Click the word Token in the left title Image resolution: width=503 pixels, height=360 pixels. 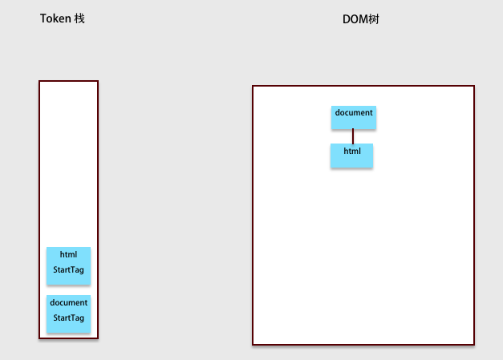point(55,18)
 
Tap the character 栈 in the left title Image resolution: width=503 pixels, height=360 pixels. point(79,18)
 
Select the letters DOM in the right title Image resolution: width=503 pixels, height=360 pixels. point(355,19)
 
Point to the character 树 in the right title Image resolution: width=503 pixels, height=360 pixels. point(374,19)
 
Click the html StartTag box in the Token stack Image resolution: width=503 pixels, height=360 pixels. point(69,265)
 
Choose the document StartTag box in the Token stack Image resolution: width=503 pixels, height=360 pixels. point(69,313)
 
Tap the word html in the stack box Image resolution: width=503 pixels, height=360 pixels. point(68,254)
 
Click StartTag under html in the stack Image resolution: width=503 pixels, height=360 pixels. point(69,270)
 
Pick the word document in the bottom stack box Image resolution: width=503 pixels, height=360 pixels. point(69,302)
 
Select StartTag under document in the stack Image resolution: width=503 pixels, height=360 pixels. point(69,318)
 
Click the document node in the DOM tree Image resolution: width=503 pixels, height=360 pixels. point(354,118)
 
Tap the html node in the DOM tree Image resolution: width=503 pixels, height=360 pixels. point(352,156)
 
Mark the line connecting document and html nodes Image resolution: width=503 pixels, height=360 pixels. point(353,136)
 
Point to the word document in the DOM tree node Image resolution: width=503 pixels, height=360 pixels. point(354,112)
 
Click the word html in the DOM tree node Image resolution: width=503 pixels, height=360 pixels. point(352,151)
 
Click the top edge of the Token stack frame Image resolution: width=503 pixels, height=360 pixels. point(69,81)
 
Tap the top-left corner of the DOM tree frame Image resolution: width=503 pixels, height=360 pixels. point(253,86)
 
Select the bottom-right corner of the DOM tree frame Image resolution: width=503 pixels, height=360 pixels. point(474,345)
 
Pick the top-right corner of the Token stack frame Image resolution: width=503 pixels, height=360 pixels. point(98,81)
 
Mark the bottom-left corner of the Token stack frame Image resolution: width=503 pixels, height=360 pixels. point(39,338)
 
